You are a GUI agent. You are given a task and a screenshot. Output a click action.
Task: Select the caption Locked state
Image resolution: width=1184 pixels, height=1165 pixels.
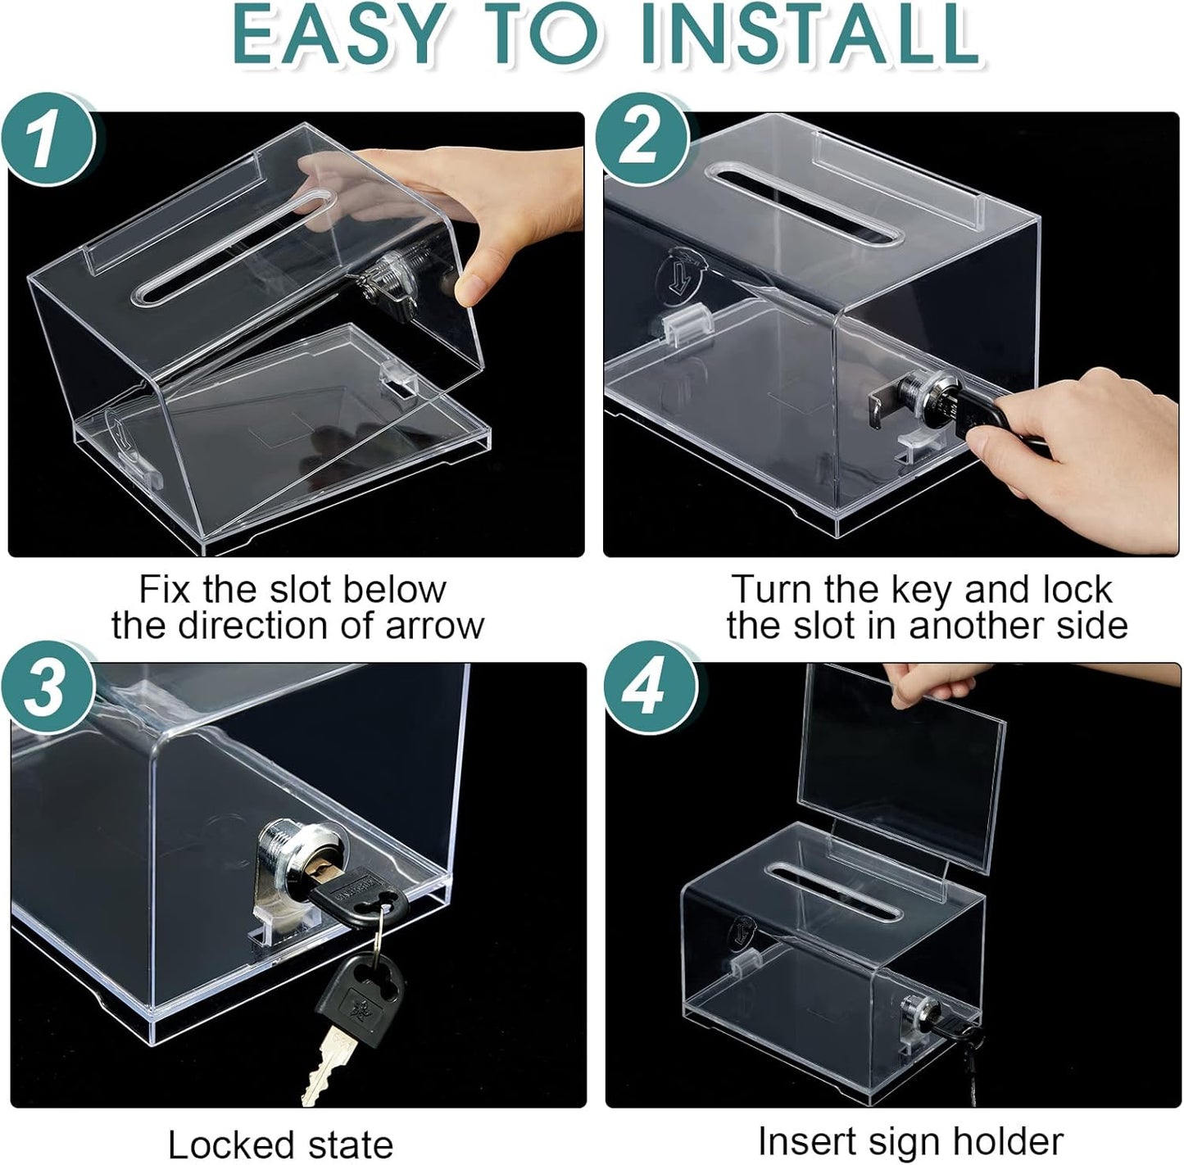click(x=280, y=1144)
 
